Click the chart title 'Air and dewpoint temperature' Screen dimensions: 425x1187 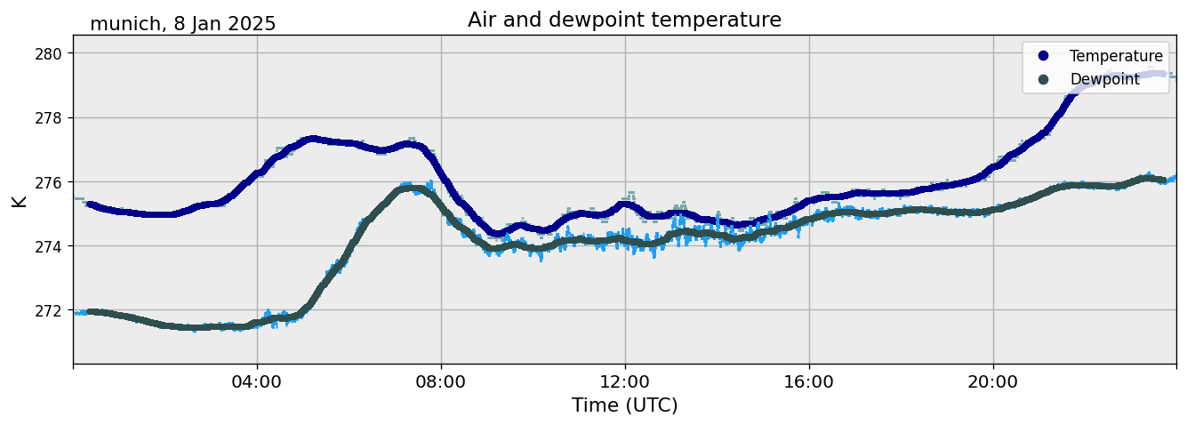point(624,20)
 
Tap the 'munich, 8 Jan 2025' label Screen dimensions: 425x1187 point(183,24)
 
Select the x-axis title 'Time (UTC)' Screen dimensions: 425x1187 point(624,405)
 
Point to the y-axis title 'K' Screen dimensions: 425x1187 point(19,201)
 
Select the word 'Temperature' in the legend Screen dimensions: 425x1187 point(1116,57)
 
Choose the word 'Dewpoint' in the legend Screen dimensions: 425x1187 point(1104,79)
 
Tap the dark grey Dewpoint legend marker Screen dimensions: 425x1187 point(1044,79)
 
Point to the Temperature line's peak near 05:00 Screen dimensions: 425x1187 point(310,140)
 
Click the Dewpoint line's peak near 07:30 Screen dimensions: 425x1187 point(411,188)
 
